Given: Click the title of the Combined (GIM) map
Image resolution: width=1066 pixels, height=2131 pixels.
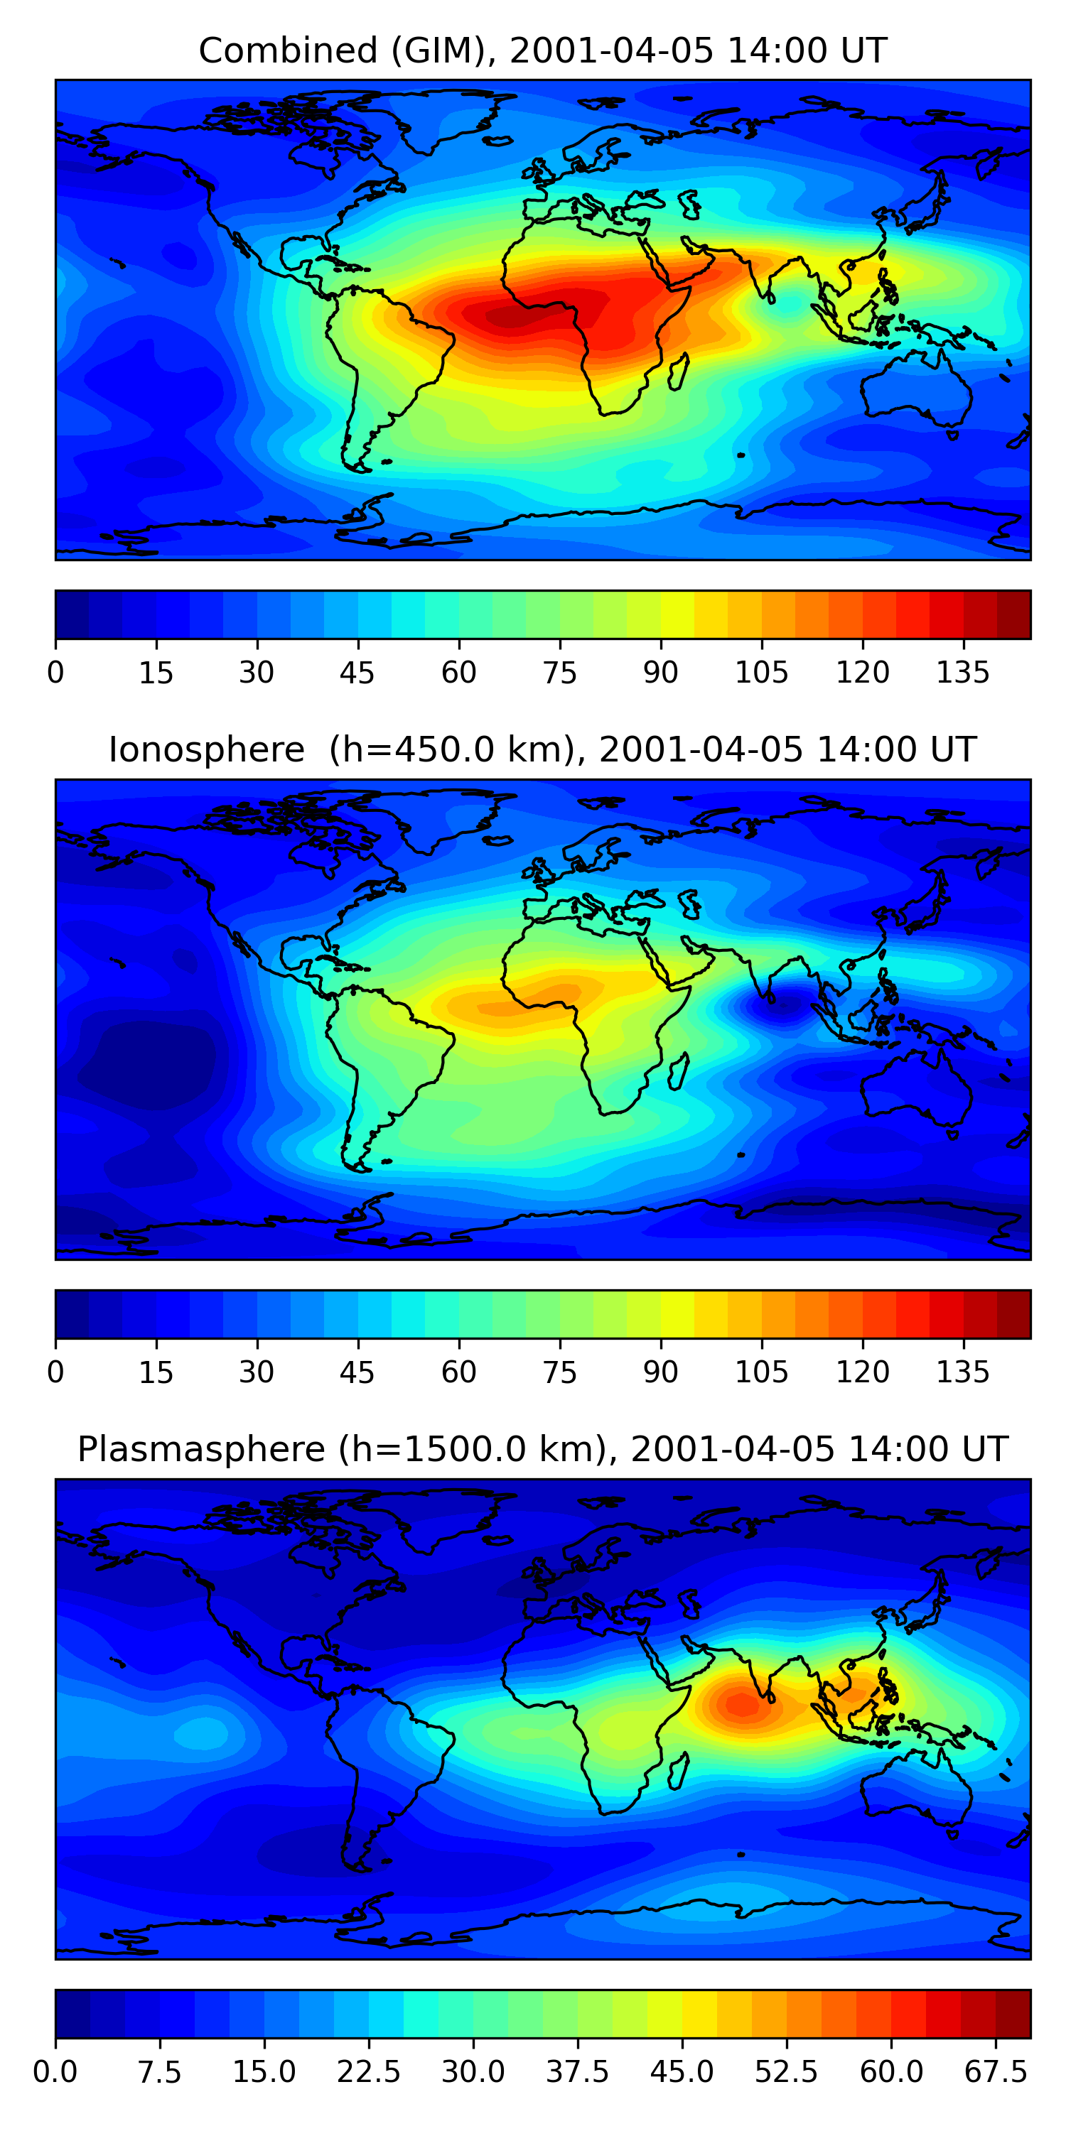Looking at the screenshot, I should [542, 50].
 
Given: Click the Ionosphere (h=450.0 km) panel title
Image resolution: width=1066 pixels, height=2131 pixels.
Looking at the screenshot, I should [542, 749].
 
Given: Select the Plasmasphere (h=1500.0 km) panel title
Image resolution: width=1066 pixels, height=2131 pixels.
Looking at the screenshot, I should [542, 1448].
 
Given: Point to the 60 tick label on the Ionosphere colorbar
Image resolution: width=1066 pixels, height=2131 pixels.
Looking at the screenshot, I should [458, 1372].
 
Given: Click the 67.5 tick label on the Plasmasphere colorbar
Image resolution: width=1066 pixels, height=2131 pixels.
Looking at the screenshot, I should [996, 2071].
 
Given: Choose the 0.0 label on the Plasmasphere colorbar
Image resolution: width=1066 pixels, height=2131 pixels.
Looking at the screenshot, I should [55, 2071].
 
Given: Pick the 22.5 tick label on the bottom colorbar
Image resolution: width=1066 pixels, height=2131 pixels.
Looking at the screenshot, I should [368, 2071].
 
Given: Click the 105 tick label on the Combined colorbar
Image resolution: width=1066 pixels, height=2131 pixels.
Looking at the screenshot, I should [761, 673].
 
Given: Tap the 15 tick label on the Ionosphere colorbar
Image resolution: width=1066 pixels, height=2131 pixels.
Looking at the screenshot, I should [156, 1372].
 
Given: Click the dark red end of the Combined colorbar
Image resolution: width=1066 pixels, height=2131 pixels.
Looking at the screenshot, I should [1014, 614].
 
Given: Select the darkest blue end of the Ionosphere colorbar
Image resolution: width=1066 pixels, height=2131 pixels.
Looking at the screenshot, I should [72, 1313].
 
